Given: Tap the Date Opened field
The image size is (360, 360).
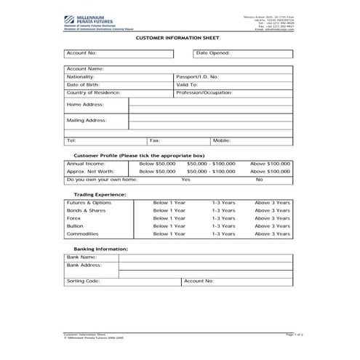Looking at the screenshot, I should (262, 53).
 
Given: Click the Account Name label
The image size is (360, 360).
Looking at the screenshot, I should (86, 68).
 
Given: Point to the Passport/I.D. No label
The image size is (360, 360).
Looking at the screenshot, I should (197, 76).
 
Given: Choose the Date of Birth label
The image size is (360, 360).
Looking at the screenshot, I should (82, 84).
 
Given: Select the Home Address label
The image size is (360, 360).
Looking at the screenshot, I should (86, 104).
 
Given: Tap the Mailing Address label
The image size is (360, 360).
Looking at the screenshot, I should (87, 119).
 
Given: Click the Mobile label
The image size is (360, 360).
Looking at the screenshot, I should (222, 140).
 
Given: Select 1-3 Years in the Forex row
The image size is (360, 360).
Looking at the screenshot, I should (224, 218).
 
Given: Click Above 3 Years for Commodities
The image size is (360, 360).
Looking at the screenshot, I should (273, 234).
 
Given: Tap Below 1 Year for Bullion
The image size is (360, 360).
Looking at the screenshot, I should (169, 226).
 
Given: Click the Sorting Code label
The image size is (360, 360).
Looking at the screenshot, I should (83, 280).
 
